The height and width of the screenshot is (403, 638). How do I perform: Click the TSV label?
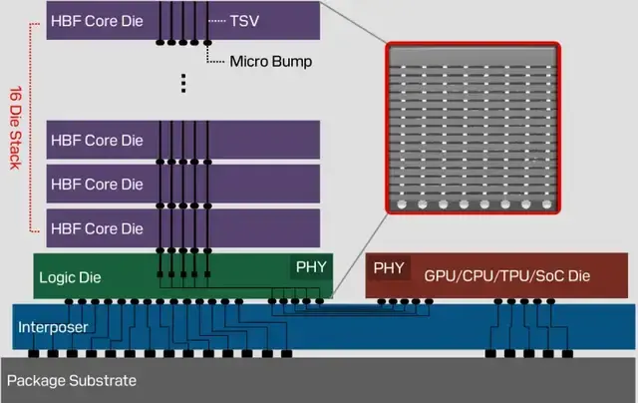[244, 21]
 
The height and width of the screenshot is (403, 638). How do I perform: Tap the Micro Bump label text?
[271, 62]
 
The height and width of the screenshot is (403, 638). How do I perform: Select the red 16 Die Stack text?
[16, 128]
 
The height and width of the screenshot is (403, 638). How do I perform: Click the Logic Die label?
[70, 277]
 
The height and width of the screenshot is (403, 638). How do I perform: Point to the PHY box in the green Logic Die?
[311, 267]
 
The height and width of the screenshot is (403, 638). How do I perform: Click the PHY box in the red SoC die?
[389, 268]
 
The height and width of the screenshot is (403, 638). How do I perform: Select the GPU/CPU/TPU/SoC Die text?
[507, 276]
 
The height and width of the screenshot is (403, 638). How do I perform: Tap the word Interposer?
[53, 327]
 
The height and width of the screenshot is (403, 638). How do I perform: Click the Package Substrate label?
[72, 381]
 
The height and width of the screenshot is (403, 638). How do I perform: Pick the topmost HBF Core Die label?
[97, 21]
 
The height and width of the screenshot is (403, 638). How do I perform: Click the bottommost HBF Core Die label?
[97, 228]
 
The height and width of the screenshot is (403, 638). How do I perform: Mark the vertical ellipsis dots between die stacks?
[183, 83]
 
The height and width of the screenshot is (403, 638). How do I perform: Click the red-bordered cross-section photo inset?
[473, 128]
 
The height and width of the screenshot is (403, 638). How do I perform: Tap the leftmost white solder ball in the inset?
[402, 203]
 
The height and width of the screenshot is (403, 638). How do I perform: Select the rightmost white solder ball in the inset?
[547, 203]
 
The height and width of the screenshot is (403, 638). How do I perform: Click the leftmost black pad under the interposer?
[34, 353]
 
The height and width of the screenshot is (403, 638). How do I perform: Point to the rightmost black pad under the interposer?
[567, 353]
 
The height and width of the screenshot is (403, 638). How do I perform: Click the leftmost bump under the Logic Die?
[69, 301]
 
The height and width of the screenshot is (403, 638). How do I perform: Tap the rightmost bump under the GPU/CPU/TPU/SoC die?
[551, 301]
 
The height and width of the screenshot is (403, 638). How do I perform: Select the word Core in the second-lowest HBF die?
[102, 185]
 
